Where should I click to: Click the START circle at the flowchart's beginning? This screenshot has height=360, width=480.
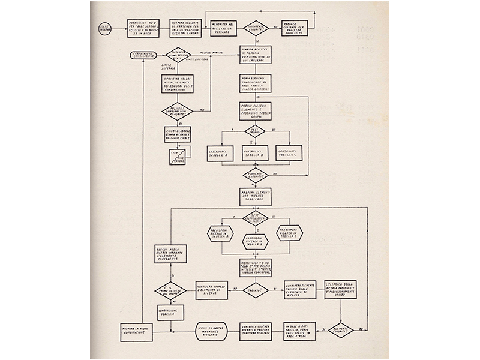click(106, 29)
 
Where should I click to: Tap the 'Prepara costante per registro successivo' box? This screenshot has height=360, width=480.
click(298, 29)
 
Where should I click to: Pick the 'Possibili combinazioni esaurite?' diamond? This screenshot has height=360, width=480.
click(178, 111)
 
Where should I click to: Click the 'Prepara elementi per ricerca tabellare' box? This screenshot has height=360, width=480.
click(254, 196)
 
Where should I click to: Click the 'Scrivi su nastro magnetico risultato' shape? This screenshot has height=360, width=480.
click(212, 331)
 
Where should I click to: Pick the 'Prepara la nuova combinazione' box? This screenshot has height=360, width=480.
click(136, 331)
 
